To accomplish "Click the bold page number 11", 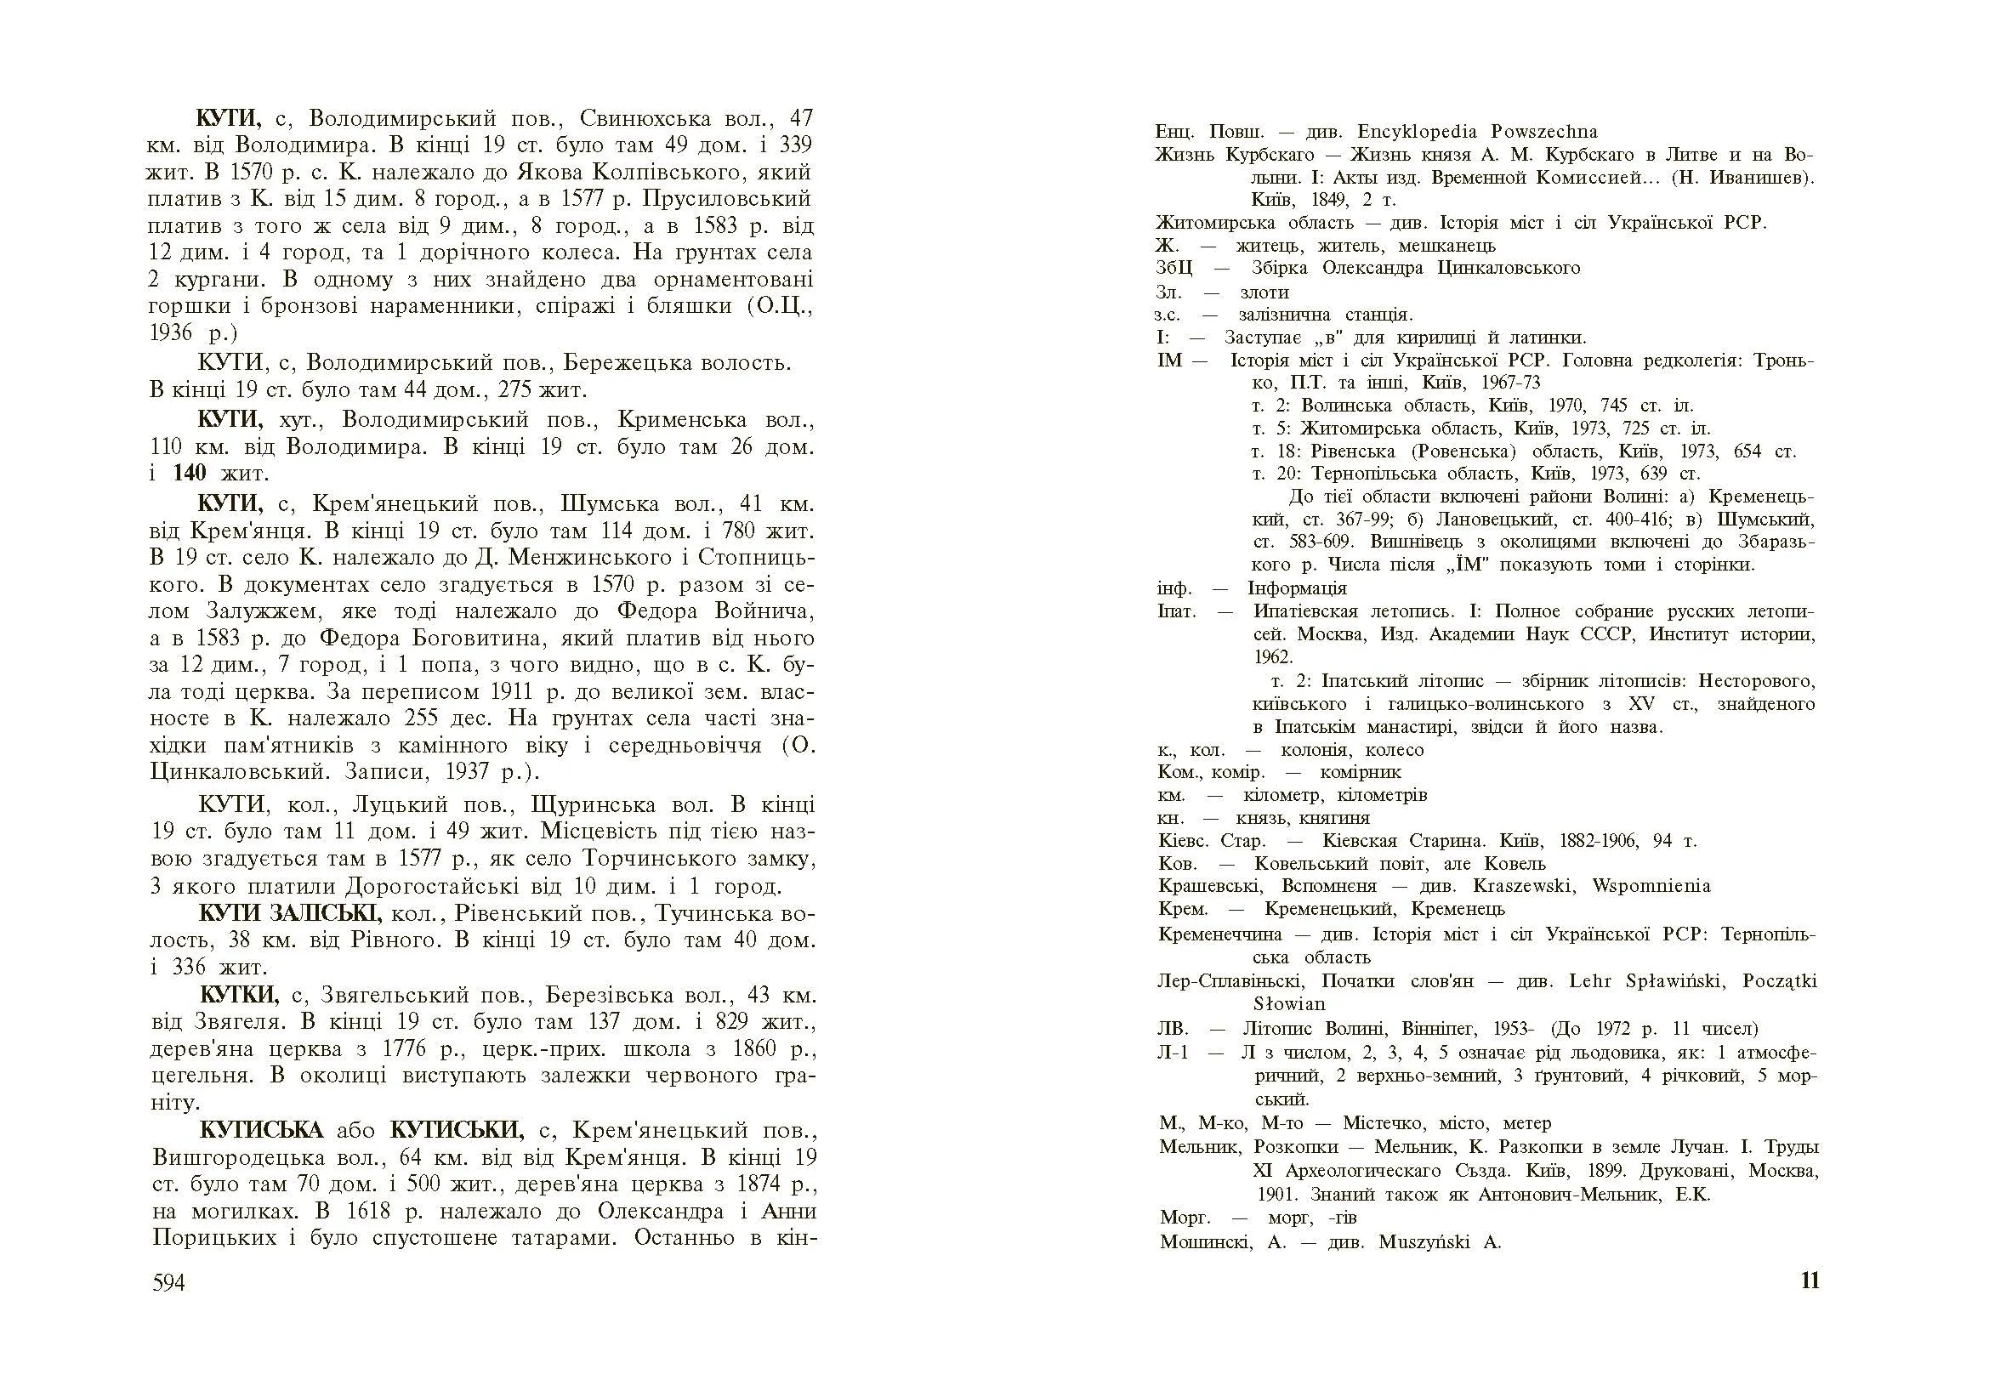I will coord(1809,1281).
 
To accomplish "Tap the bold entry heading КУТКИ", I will coord(240,994).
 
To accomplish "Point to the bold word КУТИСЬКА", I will coord(261,1130).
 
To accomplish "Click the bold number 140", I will coord(190,473).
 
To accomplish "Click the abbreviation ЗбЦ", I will coord(1174,268).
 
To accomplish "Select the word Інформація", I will coord(1296,588).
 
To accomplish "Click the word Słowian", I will coord(1288,1004).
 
